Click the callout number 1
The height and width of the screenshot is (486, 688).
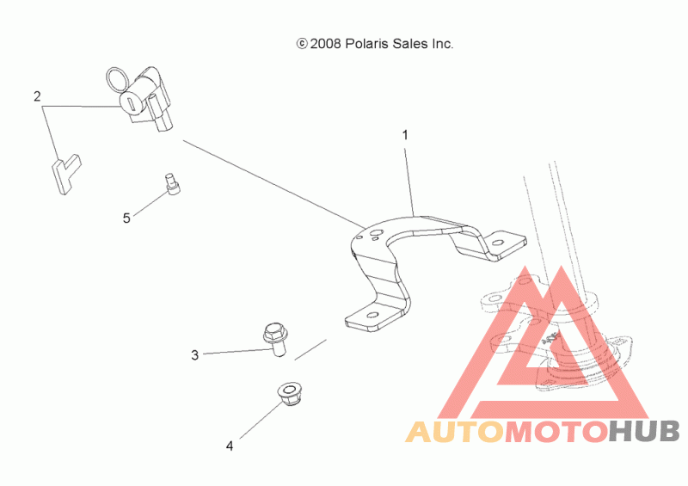click(x=405, y=135)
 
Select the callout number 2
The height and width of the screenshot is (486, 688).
click(x=37, y=96)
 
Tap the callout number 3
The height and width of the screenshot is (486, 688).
click(x=195, y=354)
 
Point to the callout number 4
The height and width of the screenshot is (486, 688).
click(x=230, y=446)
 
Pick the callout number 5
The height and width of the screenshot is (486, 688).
click(x=126, y=218)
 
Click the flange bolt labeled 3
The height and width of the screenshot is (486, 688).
click(x=274, y=337)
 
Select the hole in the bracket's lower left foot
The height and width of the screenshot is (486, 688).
click(x=373, y=316)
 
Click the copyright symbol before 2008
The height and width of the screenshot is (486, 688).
click(x=301, y=43)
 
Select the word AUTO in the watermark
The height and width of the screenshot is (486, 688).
click(x=454, y=431)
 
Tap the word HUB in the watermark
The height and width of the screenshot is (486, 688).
click(x=644, y=431)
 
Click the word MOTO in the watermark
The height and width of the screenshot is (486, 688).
click(x=555, y=431)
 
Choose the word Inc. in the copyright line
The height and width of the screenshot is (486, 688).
click(x=440, y=43)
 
